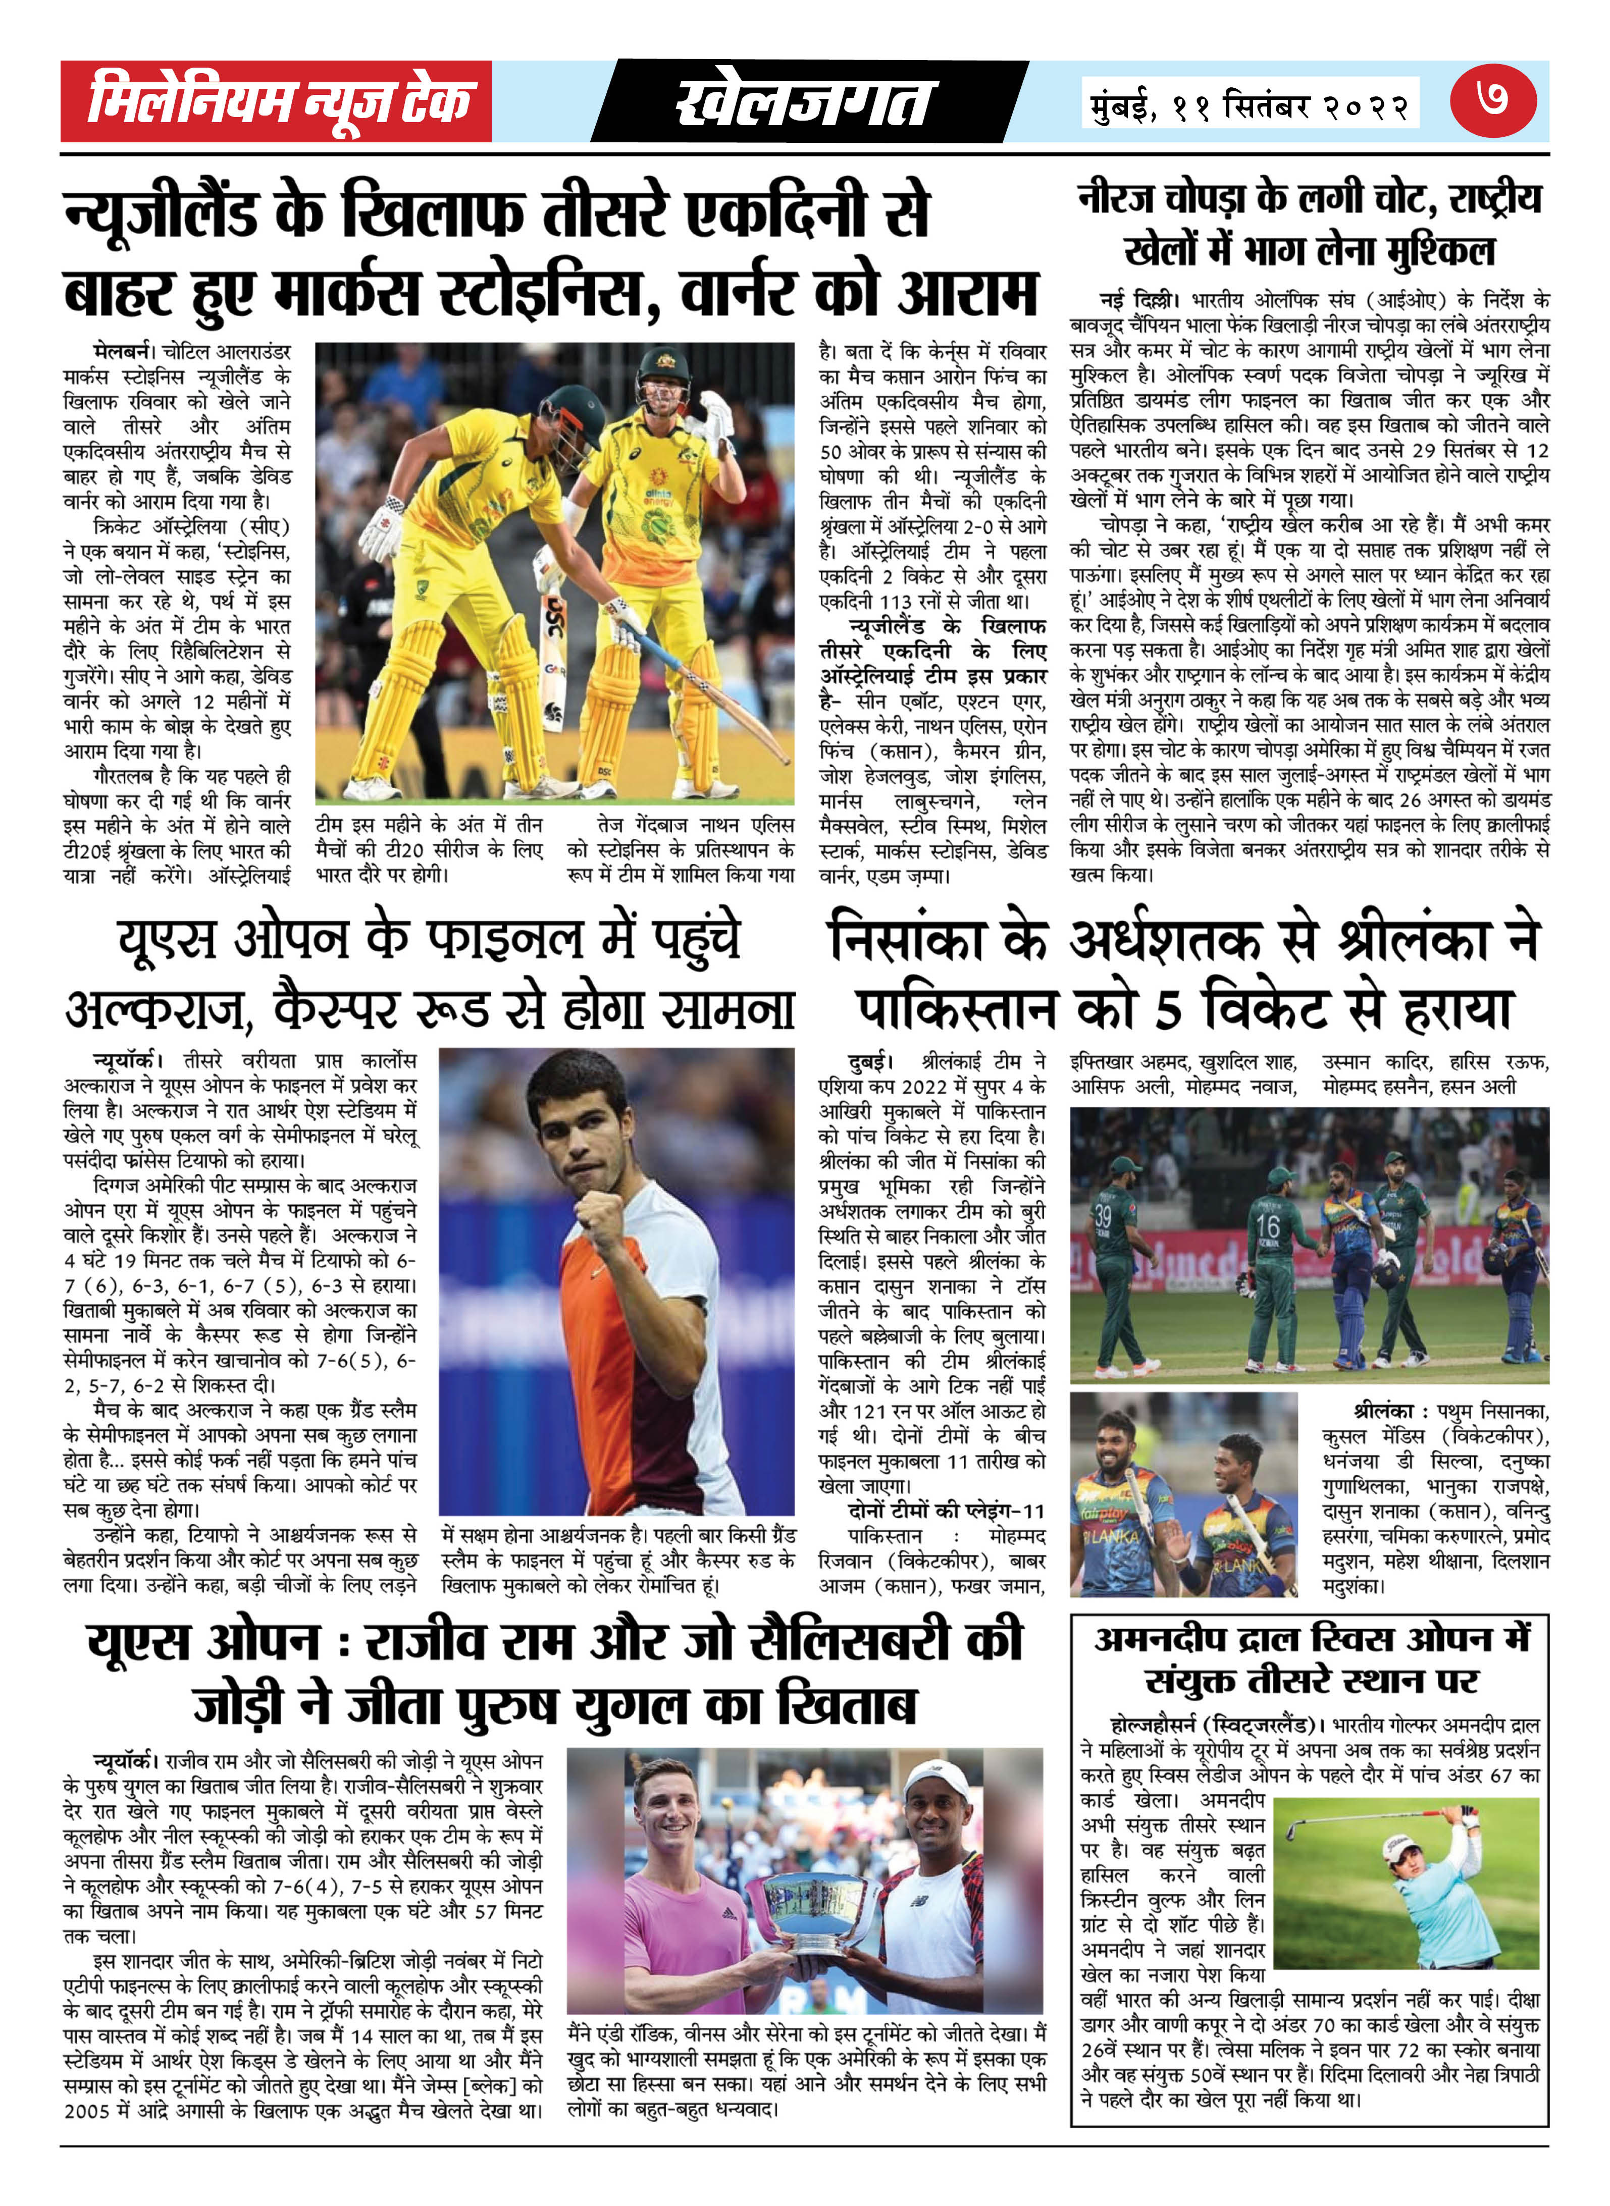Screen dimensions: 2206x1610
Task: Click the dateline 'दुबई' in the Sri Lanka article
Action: click(x=870, y=1061)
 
